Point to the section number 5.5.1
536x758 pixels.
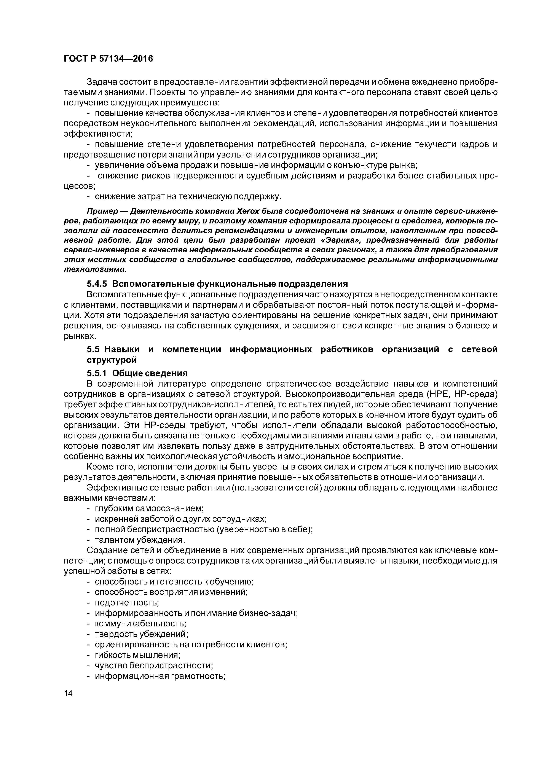click(x=97, y=373)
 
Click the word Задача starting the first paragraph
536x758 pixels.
click(x=102, y=81)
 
